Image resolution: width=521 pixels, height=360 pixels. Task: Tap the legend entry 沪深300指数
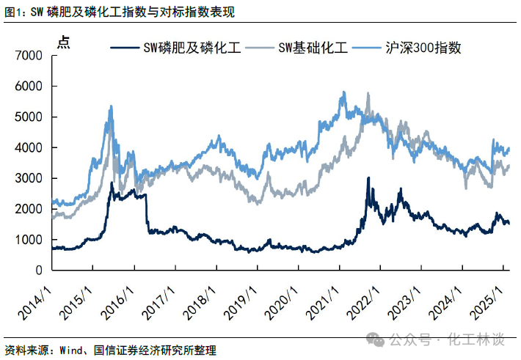(x=425, y=48)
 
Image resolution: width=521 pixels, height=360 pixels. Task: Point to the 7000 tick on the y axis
(x=28, y=55)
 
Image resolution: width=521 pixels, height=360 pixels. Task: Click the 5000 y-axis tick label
(x=28, y=117)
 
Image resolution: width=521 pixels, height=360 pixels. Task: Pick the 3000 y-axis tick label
(x=28, y=178)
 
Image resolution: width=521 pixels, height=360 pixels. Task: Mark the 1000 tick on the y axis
(x=28, y=240)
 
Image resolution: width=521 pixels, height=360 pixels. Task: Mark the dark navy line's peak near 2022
(x=368, y=177)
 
